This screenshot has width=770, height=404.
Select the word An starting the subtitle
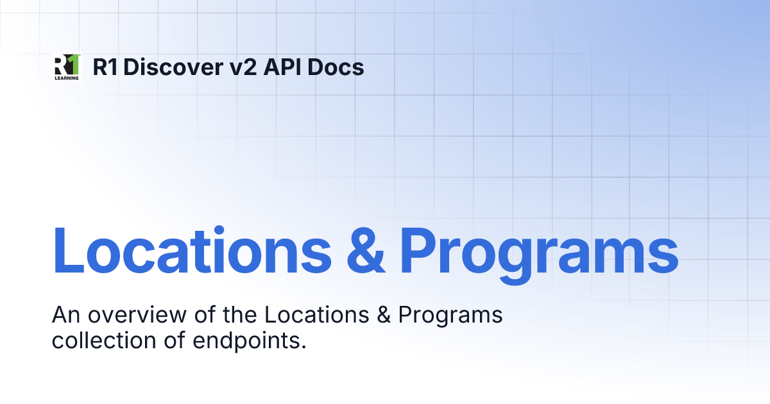coord(64,316)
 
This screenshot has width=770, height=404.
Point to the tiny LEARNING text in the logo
coord(65,78)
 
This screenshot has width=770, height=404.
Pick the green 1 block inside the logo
coord(74,64)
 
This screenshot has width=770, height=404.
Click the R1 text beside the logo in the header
coord(107,67)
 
